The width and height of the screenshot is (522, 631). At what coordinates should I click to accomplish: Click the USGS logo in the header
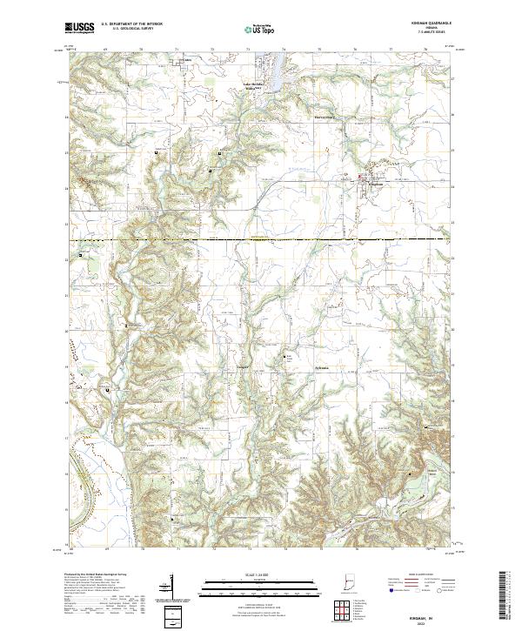(80, 29)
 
